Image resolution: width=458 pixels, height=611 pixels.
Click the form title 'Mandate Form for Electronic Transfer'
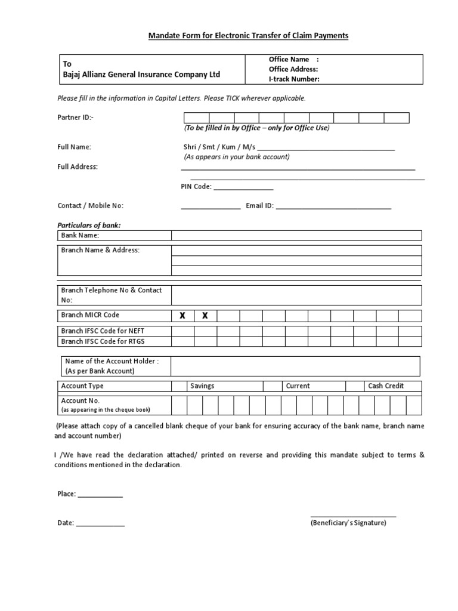click(x=248, y=36)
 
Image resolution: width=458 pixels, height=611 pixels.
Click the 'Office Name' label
click(x=289, y=60)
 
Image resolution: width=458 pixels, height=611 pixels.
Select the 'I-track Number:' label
click(x=294, y=79)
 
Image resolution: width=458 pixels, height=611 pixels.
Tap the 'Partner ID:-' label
click(x=75, y=118)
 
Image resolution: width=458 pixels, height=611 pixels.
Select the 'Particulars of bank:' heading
click(x=89, y=226)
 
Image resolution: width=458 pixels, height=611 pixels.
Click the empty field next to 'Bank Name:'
click(x=297, y=236)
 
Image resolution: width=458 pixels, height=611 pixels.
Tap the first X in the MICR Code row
click(x=182, y=316)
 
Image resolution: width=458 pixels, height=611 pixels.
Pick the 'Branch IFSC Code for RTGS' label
click(x=103, y=341)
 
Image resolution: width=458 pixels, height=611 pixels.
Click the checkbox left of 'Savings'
click(x=179, y=386)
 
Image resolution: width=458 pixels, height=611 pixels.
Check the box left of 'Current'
click(x=273, y=386)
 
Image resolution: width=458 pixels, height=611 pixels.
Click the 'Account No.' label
click(x=81, y=401)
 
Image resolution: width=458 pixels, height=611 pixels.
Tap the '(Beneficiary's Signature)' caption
click(x=348, y=523)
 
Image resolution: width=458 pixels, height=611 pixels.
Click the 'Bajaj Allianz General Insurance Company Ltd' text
click(x=141, y=75)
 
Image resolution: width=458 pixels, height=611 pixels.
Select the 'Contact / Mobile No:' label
click(x=90, y=206)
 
